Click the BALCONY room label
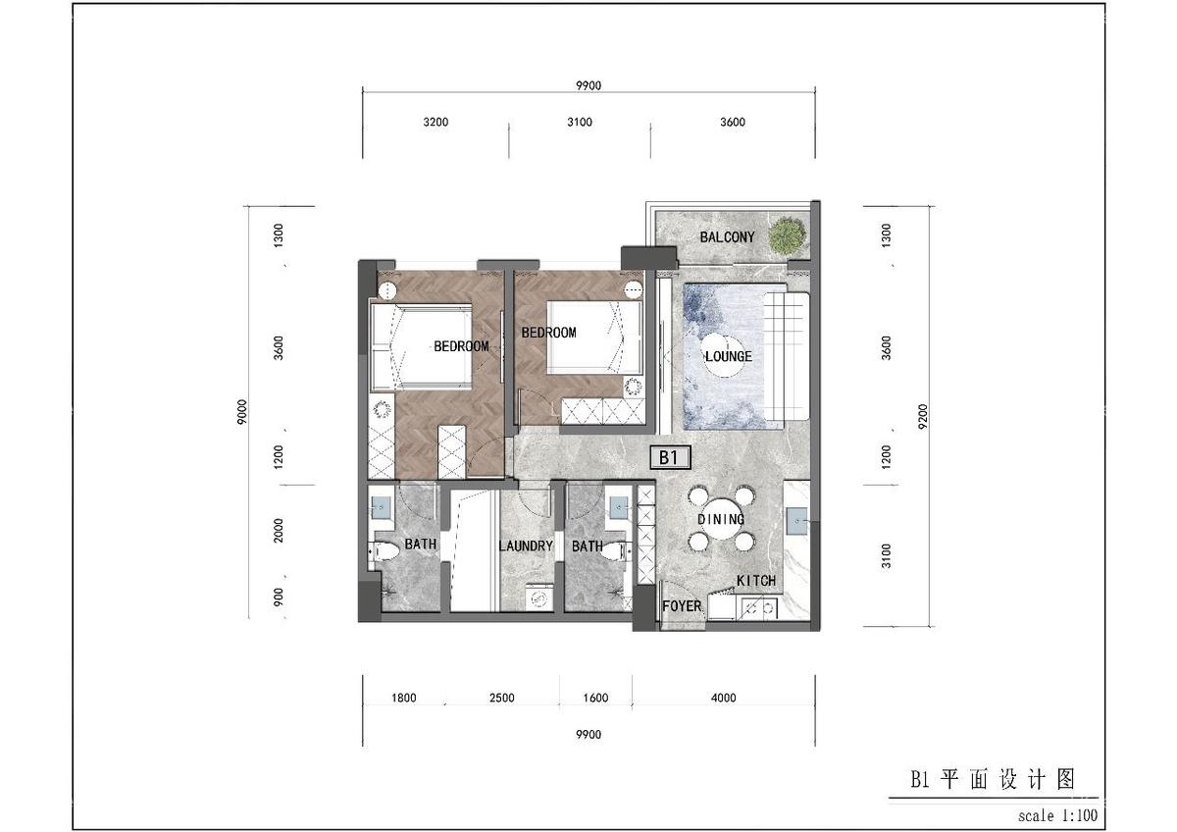tap(727, 237)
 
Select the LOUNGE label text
tap(729, 356)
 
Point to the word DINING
tap(721, 520)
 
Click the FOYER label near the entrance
tap(682, 606)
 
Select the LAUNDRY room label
tap(526, 546)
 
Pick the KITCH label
tap(755, 581)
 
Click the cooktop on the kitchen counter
tap(757, 608)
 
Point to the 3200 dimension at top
tap(435, 123)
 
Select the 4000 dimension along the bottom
tap(723, 699)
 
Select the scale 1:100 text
tap(1057, 815)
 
